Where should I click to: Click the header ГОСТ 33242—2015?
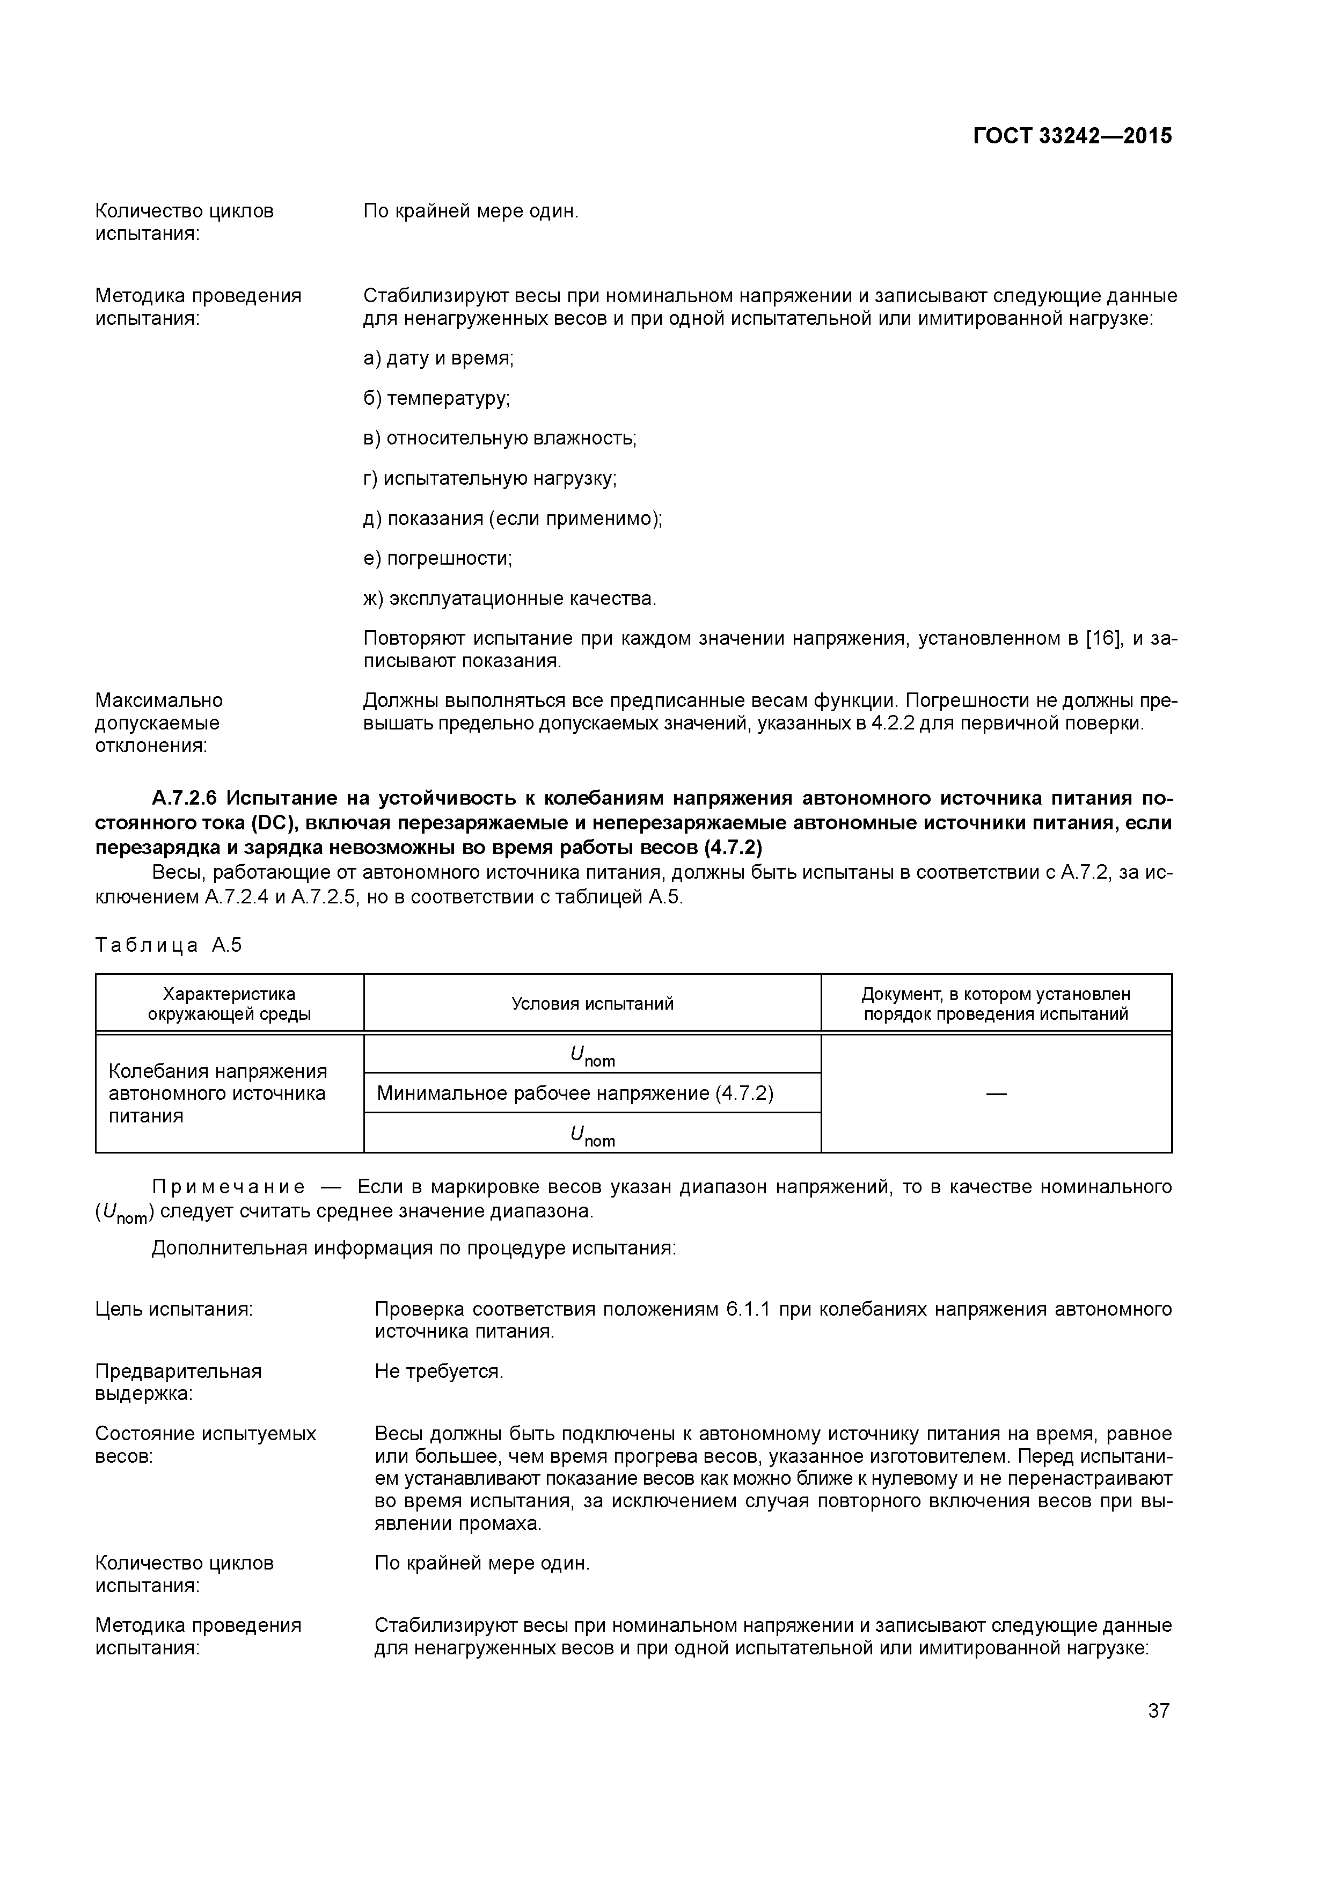[x=1072, y=136]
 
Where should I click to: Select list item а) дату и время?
[x=438, y=359]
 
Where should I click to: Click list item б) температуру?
[x=436, y=399]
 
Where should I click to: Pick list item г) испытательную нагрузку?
[x=489, y=478]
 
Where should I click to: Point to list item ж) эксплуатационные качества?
[x=509, y=599]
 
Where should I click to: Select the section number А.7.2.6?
[x=185, y=798]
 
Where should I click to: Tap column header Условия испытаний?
[x=592, y=1004]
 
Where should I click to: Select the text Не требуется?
[x=438, y=1371]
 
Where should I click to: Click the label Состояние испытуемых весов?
[x=205, y=1445]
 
